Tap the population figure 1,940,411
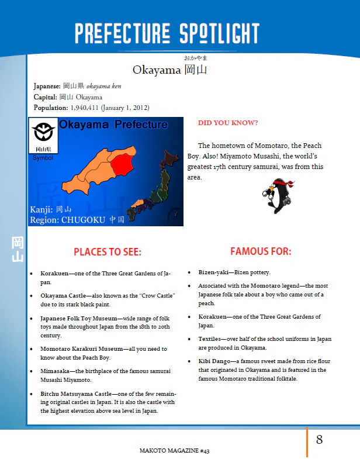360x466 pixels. [88, 108]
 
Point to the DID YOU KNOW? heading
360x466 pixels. [228, 123]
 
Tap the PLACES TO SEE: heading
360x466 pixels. [108, 252]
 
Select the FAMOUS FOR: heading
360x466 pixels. [260, 251]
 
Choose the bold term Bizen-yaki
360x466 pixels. [214, 272]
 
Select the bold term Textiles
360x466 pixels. [212, 339]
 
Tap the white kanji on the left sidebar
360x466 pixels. [18, 248]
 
